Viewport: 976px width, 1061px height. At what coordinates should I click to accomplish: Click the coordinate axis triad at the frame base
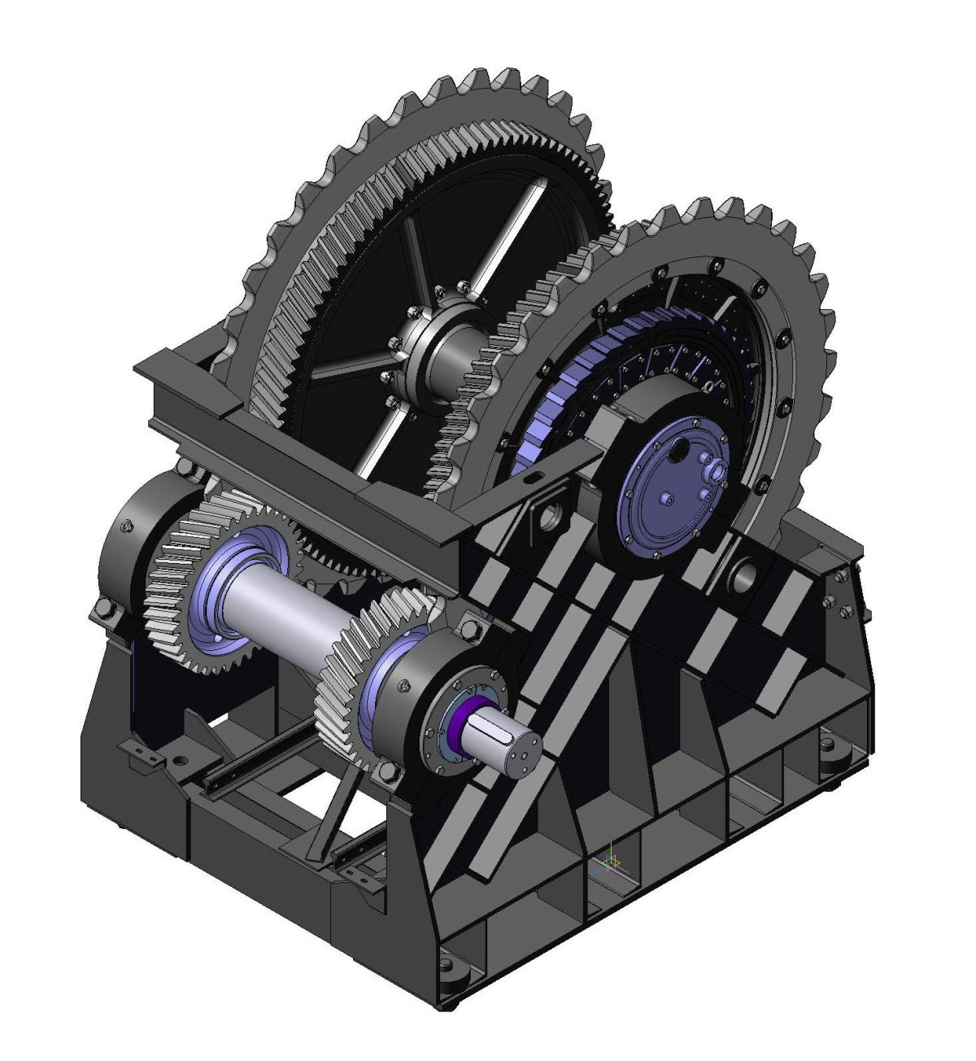coord(612,864)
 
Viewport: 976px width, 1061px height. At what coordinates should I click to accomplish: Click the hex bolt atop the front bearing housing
coord(468,627)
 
